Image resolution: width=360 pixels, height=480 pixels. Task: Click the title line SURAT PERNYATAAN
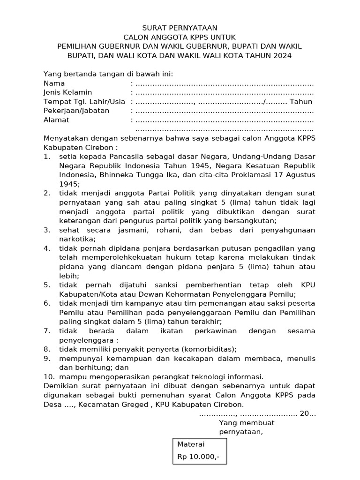point(180,28)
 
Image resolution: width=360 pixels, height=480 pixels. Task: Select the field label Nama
point(54,83)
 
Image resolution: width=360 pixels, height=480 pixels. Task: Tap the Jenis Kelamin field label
point(67,92)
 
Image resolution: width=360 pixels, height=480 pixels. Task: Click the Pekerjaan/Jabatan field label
point(76,111)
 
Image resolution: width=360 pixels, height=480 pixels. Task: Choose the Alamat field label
point(56,120)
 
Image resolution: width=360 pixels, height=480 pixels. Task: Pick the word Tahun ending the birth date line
point(301,102)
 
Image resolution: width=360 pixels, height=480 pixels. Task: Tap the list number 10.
point(48,377)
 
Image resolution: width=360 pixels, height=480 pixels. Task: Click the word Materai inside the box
point(191,444)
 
